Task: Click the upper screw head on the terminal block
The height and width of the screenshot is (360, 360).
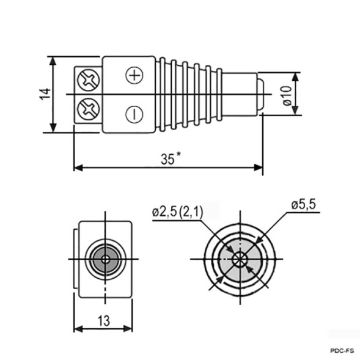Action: tap(88, 79)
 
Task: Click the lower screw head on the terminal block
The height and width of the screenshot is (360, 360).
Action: tap(88, 110)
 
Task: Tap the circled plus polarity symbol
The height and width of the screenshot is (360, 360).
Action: tap(134, 75)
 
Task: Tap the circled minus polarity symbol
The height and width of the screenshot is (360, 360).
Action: tap(134, 114)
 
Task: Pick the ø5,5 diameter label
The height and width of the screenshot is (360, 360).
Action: tap(303, 205)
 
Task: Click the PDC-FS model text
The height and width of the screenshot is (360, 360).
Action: tap(340, 351)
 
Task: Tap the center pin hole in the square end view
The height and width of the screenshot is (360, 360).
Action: tap(106, 259)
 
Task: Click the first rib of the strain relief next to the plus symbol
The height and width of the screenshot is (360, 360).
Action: tap(162, 94)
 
